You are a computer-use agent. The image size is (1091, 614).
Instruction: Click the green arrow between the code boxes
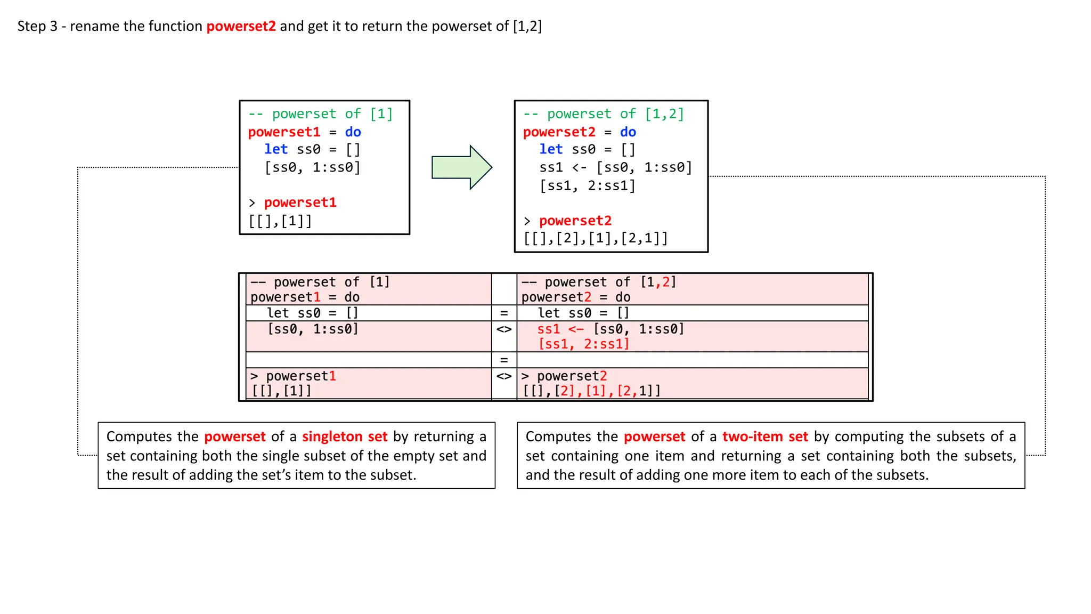461,167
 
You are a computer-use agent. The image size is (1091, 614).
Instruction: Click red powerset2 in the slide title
241,26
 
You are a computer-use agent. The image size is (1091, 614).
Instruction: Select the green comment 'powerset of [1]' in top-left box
321,114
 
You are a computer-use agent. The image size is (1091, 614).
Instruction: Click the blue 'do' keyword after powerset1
353,132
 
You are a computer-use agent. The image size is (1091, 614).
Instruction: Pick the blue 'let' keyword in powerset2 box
550,150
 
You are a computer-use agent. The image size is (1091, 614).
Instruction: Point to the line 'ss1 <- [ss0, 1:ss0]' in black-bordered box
615,168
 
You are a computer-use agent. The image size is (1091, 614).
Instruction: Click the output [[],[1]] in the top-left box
280,221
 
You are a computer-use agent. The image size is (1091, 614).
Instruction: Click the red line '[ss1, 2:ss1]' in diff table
584,344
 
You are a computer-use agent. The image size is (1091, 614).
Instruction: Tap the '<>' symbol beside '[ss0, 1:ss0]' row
504,329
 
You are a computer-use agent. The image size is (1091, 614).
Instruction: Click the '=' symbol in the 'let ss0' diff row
504,313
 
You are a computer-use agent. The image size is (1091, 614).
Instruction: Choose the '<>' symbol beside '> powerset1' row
504,376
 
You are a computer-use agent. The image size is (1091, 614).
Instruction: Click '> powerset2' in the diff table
564,376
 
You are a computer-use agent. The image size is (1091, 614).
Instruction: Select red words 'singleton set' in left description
345,437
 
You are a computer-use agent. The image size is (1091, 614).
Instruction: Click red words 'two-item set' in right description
765,437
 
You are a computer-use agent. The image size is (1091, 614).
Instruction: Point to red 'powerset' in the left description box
234,437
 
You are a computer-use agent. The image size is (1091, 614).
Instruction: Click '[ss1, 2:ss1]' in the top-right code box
587,186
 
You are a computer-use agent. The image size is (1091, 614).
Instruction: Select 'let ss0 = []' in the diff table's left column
313,313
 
